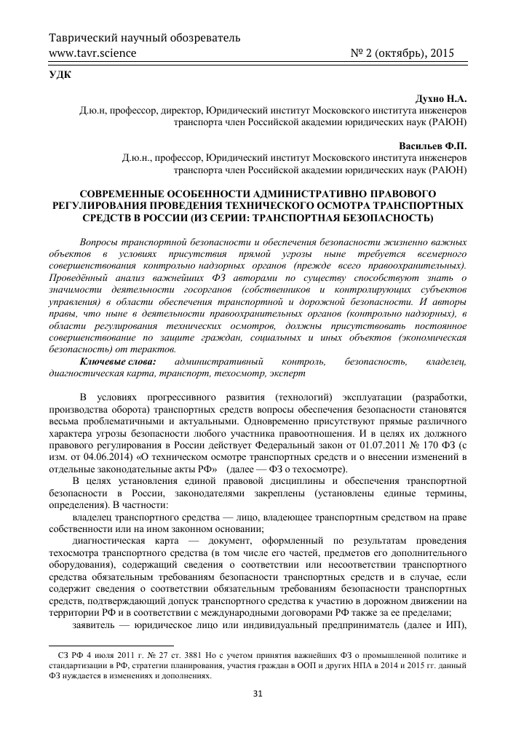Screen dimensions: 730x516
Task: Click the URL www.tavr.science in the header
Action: click(91, 53)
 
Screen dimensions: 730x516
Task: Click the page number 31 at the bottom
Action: click(257, 692)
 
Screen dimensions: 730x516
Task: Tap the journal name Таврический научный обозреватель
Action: click(144, 37)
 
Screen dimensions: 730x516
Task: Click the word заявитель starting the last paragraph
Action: click(95, 625)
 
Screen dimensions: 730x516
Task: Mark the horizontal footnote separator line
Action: click(111, 645)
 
